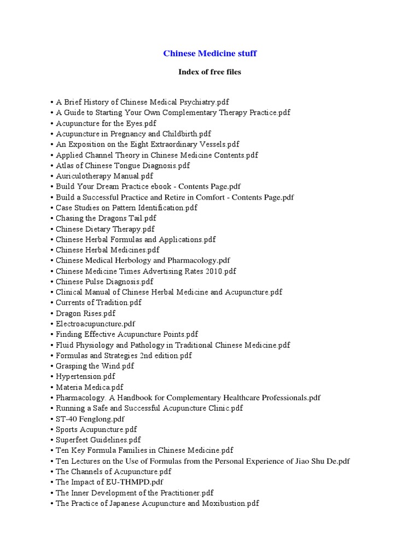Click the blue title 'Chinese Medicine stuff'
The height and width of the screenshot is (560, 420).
point(210,54)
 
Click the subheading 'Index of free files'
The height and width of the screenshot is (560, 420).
point(210,72)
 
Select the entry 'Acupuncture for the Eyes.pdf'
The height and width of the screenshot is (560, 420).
point(106,123)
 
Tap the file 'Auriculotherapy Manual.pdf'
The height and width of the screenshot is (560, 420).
point(104,176)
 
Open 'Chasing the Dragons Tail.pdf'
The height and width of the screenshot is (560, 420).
point(106,218)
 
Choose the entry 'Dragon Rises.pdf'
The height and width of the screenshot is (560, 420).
point(85,313)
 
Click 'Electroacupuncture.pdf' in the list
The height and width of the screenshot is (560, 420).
point(96,324)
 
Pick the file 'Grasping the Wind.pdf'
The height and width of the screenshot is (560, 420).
point(95,366)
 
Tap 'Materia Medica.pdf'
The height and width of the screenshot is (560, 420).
point(90,387)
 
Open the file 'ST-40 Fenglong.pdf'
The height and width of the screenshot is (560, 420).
point(90,419)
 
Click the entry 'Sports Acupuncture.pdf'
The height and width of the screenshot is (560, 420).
point(96,429)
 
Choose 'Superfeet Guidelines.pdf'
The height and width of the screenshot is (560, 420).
point(98,440)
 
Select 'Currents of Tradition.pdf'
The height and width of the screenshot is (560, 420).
point(98,302)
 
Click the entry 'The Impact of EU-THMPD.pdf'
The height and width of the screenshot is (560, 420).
point(109,482)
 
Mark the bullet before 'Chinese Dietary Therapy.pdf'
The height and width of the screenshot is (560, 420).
point(52,229)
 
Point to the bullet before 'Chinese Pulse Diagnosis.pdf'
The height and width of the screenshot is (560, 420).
point(52,282)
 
